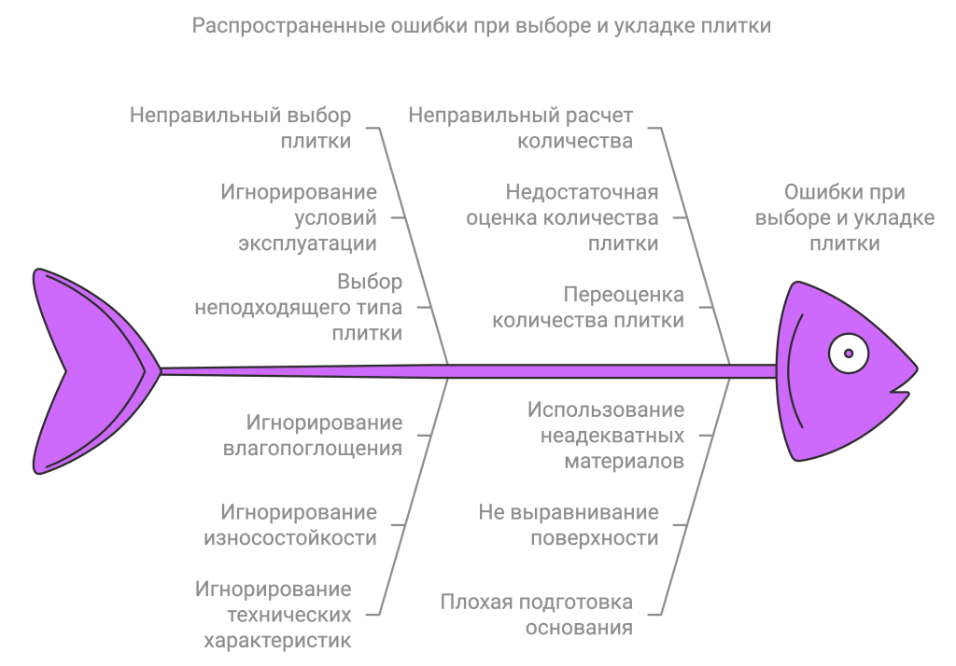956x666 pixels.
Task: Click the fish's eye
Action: point(849,354)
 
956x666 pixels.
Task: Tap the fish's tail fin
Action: point(89,371)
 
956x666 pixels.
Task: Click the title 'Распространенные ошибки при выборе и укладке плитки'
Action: point(482,26)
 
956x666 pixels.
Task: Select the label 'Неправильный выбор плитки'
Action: point(241,129)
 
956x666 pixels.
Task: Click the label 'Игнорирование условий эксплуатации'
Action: point(299,218)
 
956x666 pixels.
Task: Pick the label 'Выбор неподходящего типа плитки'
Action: point(299,307)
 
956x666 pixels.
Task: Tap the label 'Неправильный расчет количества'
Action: point(521,129)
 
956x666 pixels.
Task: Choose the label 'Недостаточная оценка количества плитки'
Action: point(562,218)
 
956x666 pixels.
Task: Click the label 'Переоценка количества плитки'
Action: point(587,307)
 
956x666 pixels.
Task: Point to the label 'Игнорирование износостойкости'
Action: point(299,525)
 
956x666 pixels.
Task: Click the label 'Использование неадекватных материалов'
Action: point(606,435)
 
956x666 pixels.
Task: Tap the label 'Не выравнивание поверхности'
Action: point(569,525)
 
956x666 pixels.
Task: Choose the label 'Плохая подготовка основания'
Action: point(537,615)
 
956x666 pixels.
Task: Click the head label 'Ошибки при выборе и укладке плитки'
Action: point(844,218)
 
